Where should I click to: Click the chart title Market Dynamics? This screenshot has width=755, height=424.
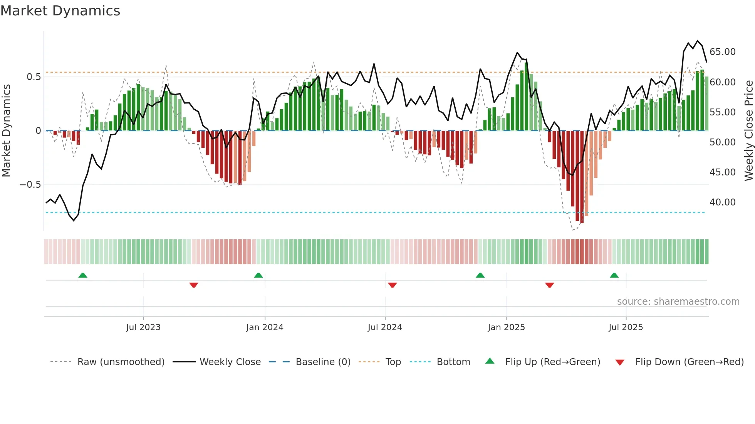tap(60, 11)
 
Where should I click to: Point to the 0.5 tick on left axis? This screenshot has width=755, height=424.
tap(34, 77)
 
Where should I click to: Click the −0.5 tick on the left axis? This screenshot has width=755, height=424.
tap(30, 185)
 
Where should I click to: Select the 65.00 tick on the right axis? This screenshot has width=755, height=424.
tap(722, 52)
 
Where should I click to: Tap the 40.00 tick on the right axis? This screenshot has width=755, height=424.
tap(722, 202)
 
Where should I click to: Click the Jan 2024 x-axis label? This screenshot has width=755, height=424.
tap(265, 327)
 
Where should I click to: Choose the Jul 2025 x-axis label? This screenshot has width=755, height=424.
tap(626, 327)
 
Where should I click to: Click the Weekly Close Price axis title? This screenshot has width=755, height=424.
tap(748, 130)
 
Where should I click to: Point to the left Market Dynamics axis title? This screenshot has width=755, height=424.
tap(6, 130)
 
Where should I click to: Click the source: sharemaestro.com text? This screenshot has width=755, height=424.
tap(678, 302)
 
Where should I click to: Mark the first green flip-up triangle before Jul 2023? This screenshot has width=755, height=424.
tap(83, 275)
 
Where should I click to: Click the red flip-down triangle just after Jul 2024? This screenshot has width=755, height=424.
tap(392, 285)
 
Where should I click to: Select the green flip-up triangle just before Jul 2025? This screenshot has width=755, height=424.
tap(614, 275)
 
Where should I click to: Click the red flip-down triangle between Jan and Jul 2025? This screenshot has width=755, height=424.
tap(549, 285)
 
